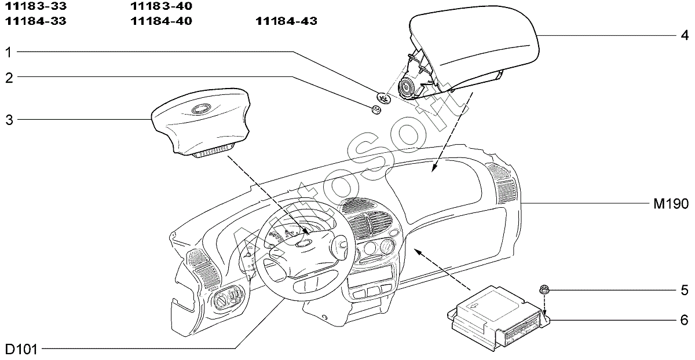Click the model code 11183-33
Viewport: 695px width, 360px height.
(36, 6)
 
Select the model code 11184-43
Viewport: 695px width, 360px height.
(286, 21)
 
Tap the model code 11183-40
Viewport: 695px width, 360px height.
(162, 6)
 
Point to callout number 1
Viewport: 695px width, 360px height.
(9, 53)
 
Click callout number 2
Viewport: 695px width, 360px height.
(9, 78)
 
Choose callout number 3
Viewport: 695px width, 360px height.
(9, 120)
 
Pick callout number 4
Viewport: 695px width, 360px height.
(685, 35)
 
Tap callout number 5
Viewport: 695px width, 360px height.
(685, 290)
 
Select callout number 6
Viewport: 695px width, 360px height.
(685, 320)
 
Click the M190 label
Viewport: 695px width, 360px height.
(671, 204)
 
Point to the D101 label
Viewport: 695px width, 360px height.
(21, 350)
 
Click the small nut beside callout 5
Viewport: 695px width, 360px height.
(544, 289)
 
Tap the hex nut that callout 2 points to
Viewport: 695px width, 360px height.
(376, 109)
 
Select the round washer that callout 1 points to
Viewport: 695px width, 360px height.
(383, 98)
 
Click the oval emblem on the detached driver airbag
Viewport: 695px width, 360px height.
(200, 109)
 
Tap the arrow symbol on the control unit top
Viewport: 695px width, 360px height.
(474, 306)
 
